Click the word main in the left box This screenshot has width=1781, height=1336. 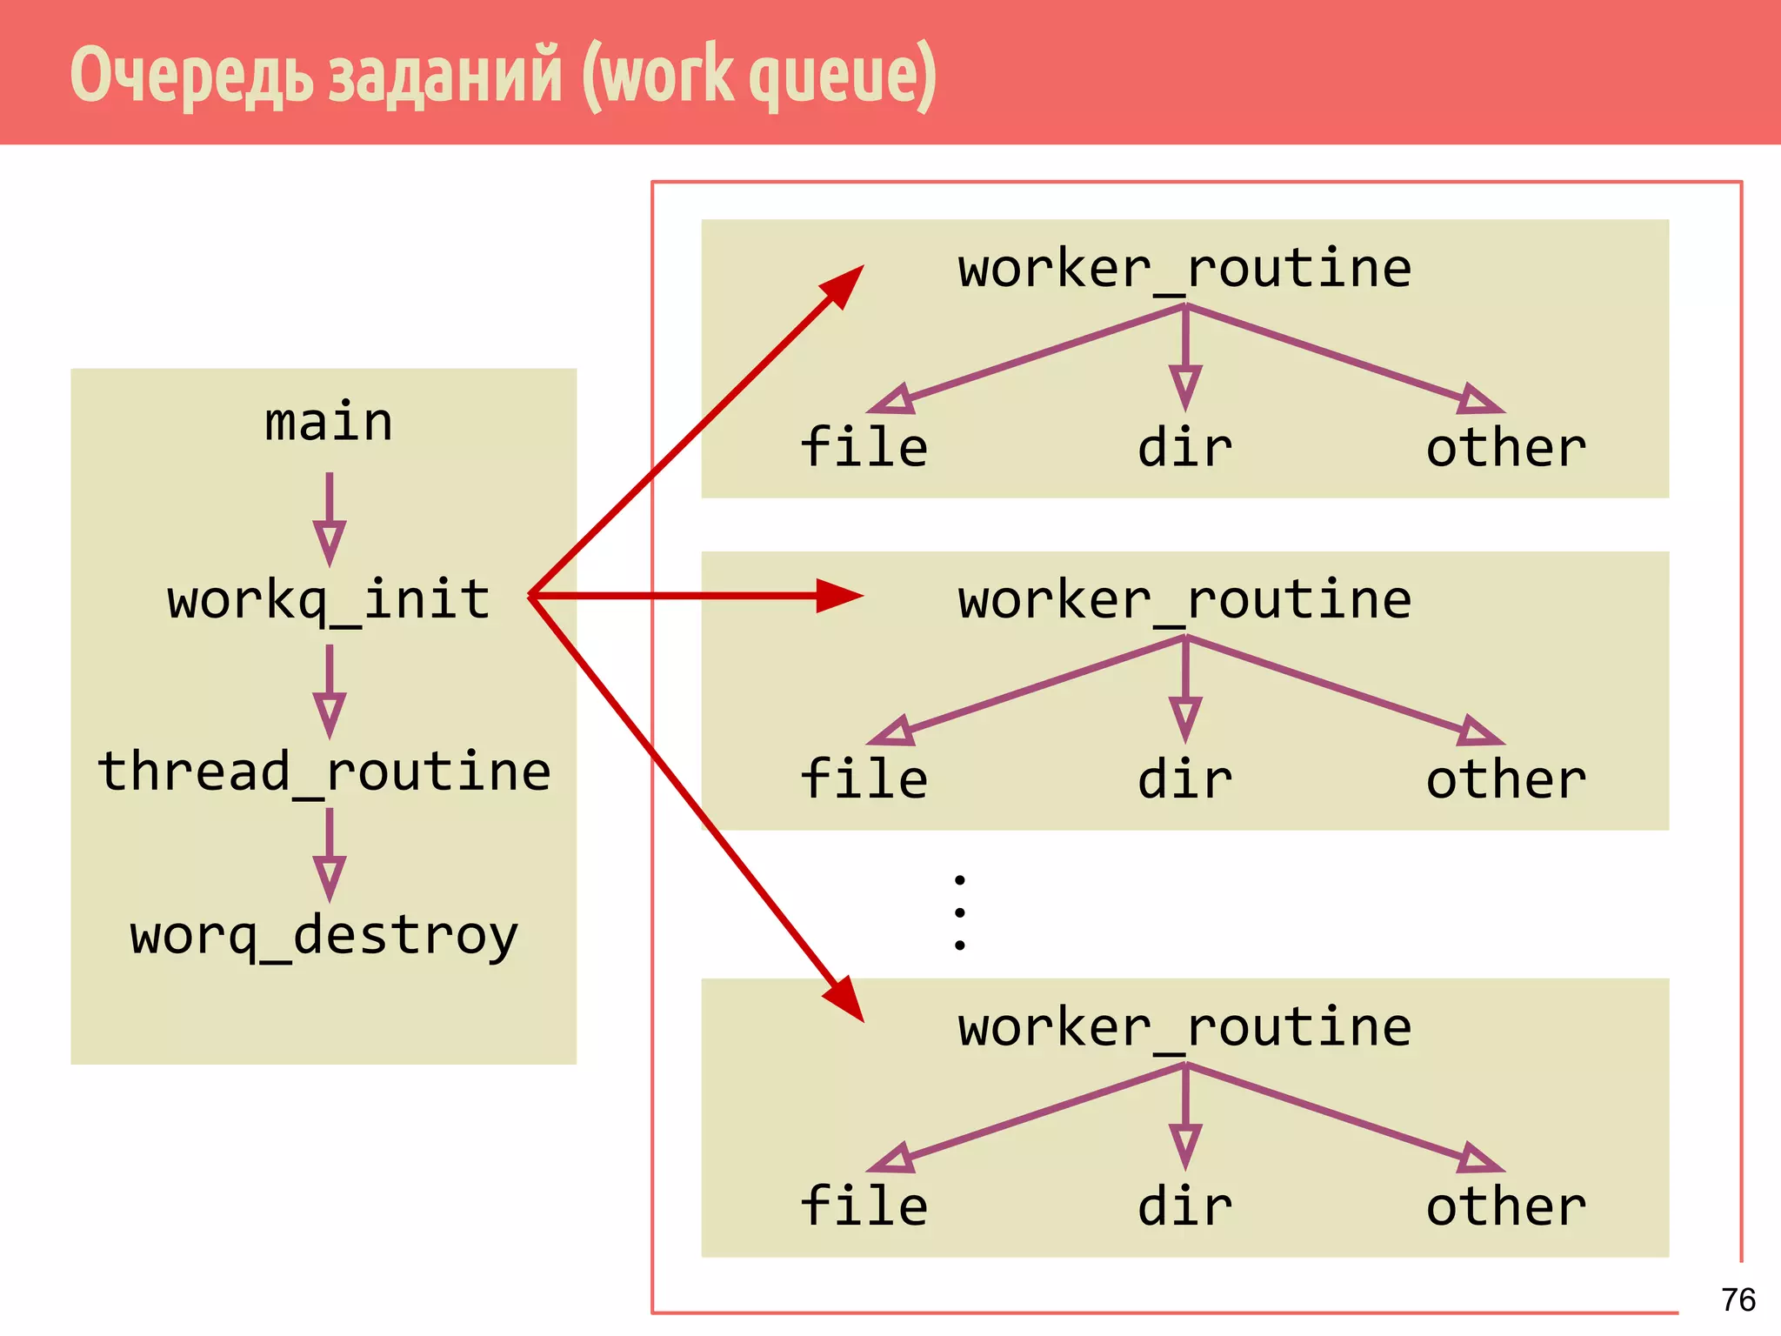pyautogui.click(x=329, y=423)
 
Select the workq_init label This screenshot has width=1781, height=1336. pyautogui.click(x=329, y=600)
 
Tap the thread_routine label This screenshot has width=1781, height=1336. pyautogui.click(x=324, y=772)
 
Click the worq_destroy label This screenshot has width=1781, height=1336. pyautogui.click(x=324, y=936)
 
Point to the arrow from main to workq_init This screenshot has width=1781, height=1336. pyautogui.click(x=329, y=519)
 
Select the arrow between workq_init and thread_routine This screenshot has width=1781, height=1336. pyautogui.click(x=329, y=691)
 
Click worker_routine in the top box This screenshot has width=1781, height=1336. pyautogui.click(x=1184, y=269)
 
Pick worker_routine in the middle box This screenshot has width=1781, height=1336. pyautogui.click(x=1184, y=600)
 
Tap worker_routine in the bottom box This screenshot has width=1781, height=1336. pyautogui.click(x=1184, y=1027)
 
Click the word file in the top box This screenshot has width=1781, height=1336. pyautogui.click(x=864, y=447)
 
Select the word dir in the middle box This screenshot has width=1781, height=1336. pyautogui.click(x=1184, y=779)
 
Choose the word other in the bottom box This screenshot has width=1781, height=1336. pyautogui.click(x=1506, y=1206)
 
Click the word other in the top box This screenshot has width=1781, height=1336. pyautogui.click(x=1506, y=448)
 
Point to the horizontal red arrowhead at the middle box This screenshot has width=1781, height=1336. pyautogui.click(x=838, y=596)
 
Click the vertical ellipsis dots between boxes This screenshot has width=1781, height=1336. pyautogui.click(x=959, y=912)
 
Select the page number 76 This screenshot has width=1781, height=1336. pyautogui.click(x=1738, y=1299)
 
